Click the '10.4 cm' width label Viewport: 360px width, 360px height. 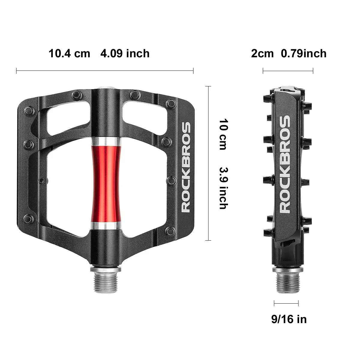[x=69, y=54]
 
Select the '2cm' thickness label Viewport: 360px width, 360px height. [x=262, y=54]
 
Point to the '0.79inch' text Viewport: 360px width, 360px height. [x=304, y=54]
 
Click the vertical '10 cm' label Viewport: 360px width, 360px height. [x=223, y=134]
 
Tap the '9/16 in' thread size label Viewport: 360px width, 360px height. [x=289, y=319]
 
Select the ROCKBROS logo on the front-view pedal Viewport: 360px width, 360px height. [x=186, y=167]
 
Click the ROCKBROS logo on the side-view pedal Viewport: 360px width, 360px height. [x=285, y=165]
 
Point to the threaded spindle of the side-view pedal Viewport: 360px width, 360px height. [x=286, y=281]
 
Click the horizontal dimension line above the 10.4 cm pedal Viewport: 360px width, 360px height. [x=105, y=71]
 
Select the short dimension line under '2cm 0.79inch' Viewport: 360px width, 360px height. [x=288, y=71]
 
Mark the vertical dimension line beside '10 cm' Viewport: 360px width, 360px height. [x=208, y=163]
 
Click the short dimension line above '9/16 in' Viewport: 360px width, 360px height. [x=286, y=304]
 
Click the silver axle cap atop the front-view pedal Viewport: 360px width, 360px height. [x=106, y=88]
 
